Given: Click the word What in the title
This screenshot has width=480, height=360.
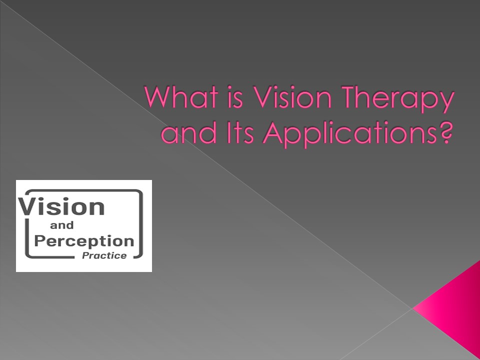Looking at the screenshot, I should [176, 98].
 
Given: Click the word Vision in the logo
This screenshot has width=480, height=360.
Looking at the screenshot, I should [62, 206].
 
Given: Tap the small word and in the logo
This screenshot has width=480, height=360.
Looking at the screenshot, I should [62, 226].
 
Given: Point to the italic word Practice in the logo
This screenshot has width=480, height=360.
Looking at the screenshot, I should [107, 255].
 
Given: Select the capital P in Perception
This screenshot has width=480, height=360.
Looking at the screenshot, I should [40, 241].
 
